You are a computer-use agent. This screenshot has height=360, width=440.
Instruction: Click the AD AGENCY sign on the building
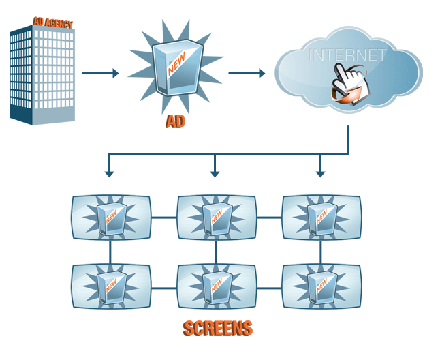(53, 23)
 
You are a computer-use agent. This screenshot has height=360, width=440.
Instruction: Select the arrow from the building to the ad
(99, 72)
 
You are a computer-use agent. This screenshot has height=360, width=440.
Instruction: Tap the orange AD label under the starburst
(176, 123)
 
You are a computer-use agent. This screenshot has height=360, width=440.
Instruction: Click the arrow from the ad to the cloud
(246, 72)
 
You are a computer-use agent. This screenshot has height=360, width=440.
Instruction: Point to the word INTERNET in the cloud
(348, 55)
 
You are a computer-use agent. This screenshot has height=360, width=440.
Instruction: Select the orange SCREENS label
(218, 329)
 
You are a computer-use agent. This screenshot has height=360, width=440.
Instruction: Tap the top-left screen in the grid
(111, 217)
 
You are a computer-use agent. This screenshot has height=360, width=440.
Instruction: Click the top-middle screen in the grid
(216, 217)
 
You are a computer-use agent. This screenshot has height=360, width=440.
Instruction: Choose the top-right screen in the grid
(321, 217)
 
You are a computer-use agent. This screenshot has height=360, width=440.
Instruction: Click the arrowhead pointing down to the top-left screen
(109, 173)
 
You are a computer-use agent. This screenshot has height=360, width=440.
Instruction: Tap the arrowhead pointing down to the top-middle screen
(215, 173)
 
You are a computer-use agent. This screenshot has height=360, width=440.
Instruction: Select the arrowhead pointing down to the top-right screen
(321, 173)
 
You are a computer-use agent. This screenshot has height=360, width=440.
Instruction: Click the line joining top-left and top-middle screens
(163, 217)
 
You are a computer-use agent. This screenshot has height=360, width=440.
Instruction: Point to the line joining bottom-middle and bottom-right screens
(269, 288)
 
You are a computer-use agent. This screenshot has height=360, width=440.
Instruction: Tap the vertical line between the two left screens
(110, 252)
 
